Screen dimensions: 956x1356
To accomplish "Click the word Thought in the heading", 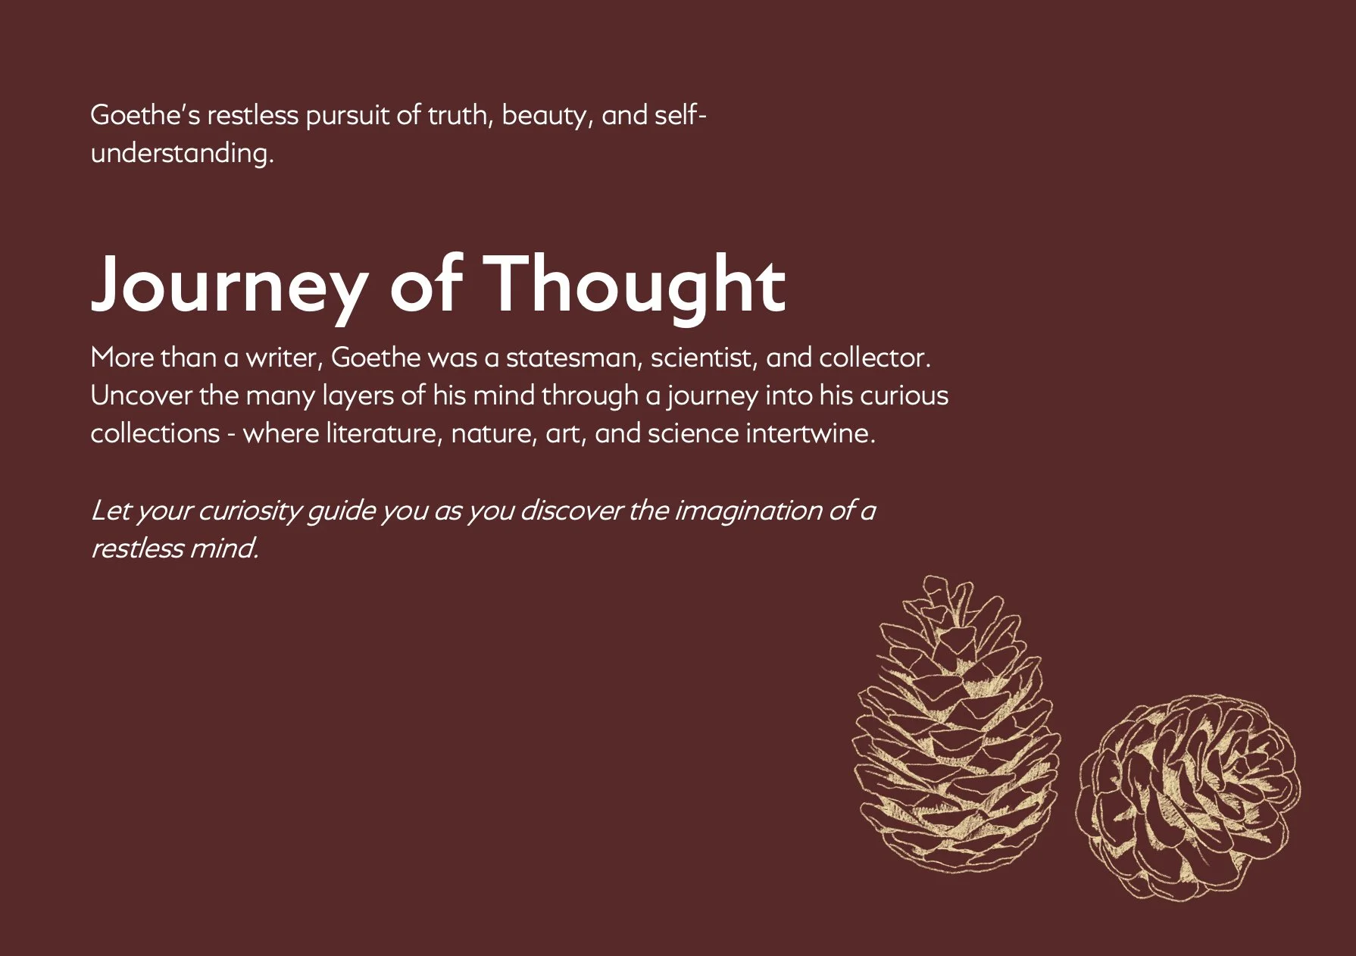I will pyautogui.click(x=634, y=285).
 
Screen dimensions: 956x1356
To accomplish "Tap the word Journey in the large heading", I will pyautogui.click(x=227, y=286).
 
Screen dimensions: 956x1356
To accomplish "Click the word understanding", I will pyautogui.click(x=182, y=154).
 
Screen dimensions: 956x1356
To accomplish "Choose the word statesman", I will pyautogui.click(x=573, y=358).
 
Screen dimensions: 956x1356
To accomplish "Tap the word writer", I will pyautogui.click(x=284, y=358).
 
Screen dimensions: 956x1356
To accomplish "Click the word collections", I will pyautogui.click(x=155, y=433).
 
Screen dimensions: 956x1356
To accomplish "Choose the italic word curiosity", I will pyautogui.click(x=250, y=511).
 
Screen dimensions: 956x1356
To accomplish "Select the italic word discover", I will pyautogui.click(x=571, y=511).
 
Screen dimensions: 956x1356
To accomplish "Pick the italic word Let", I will pyautogui.click(x=110, y=511).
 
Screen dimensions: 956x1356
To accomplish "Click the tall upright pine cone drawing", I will pyautogui.click(x=957, y=727).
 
